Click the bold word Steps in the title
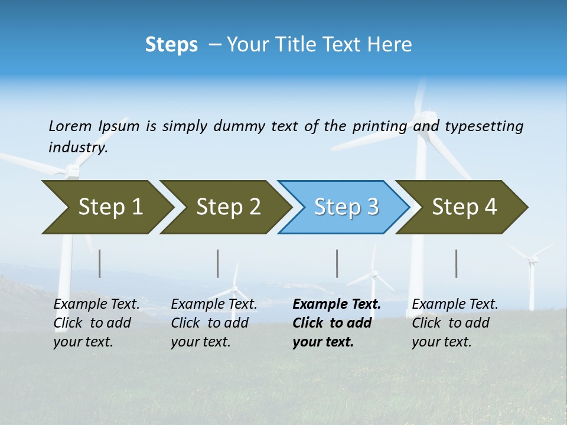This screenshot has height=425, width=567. pos(171,45)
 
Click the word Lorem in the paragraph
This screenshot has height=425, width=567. pos(70,126)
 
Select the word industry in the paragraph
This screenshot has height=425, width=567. pos(78,148)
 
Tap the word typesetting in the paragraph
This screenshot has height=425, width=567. pos(484,126)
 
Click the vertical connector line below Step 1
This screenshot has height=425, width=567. pos(100,263)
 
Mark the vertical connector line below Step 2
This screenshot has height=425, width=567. pos(218,263)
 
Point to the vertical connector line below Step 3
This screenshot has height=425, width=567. pos(337,263)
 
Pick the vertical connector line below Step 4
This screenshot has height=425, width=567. pos(457,263)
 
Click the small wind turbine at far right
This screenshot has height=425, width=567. pos(532,272)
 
